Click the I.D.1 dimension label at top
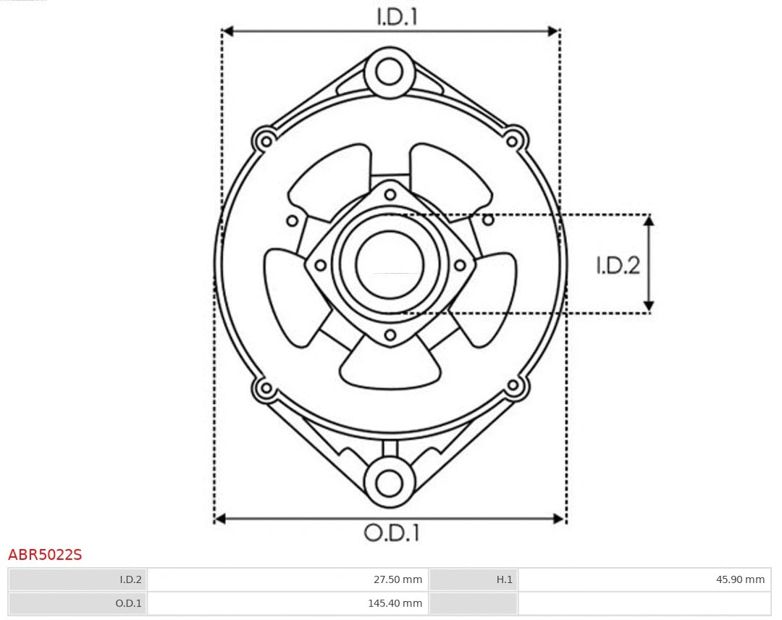click(x=397, y=17)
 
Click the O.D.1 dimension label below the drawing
click(x=391, y=533)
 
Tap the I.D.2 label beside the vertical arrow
click(x=618, y=266)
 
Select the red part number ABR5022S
click(x=45, y=556)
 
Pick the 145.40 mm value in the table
click(x=396, y=603)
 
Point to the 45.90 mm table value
click(x=741, y=579)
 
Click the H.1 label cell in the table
click(x=504, y=579)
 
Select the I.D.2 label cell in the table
click(x=130, y=579)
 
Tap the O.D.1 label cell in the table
click(x=129, y=603)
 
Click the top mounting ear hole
click(x=390, y=72)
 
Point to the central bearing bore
click(x=390, y=264)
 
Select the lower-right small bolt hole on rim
click(x=513, y=385)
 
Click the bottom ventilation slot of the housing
click(x=390, y=366)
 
